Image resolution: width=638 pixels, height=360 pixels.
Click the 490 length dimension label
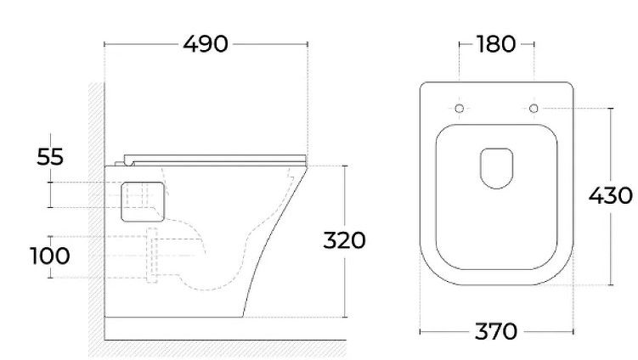click(x=206, y=44)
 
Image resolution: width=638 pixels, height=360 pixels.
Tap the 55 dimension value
click(x=50, y=156)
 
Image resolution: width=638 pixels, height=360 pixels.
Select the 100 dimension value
click(x=49, y=256)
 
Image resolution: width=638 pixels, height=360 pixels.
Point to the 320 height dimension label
click(x=344, y=240)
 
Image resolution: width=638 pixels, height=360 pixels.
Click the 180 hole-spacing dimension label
click(x=496, y=44)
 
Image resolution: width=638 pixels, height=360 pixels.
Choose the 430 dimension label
click(x=610, y=195)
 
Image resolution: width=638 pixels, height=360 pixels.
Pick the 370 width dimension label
click(x=496, y=331)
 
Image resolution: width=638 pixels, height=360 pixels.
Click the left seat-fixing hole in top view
click(x=460, y=108)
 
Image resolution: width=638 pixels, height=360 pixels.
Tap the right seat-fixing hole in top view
click(x=534, y=108)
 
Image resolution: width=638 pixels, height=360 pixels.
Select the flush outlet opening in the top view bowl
click(x=497, y=168)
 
